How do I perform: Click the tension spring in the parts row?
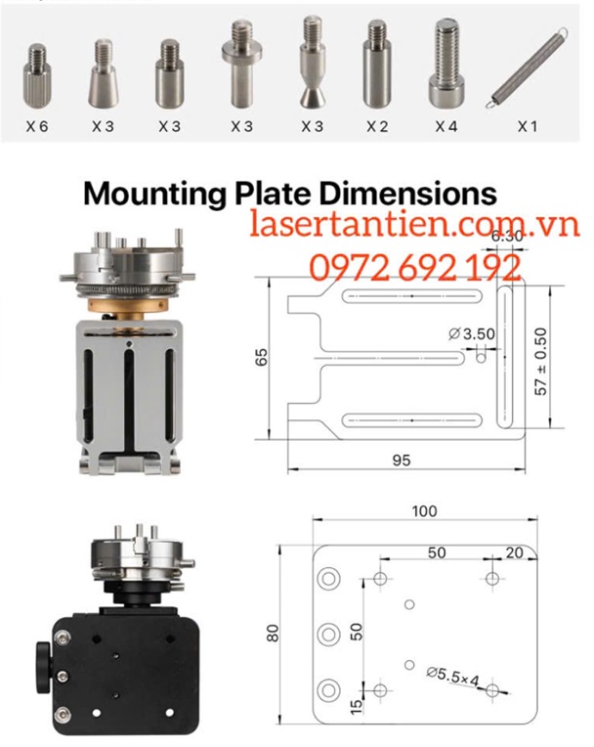(x=527, y=67)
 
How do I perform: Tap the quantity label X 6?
(x=37, y=127)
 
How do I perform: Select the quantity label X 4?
(x=445, y=127)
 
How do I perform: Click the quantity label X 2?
(x=377, y=127)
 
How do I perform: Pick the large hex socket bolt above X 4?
(x=446, y=64)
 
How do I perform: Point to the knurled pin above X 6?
(x=36, y=74)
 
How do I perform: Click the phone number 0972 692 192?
(x=415, y=267)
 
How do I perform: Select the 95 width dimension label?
(x=402, y=461)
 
